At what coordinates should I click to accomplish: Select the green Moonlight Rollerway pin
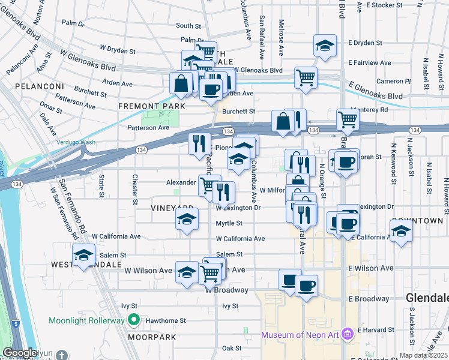click(x=135, y=320)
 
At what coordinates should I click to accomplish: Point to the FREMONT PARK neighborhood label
click(x=143, y=106)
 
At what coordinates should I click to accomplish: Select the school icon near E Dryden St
click(x=325, y=46)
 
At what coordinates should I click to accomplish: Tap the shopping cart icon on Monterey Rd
click(x=348, y=119)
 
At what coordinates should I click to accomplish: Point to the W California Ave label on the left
click(x=116, y=236)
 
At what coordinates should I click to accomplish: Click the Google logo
click(x=20, y=353)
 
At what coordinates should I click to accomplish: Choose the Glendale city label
click(x=427, y=298)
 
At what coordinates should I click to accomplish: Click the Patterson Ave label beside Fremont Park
click(x=148, y=128)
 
